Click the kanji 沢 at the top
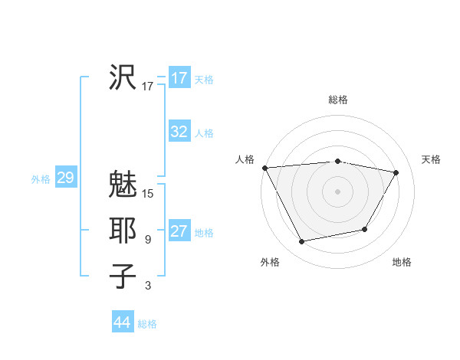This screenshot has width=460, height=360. (122, 77)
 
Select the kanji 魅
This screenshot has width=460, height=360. (122, 185)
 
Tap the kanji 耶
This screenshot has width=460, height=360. (122, 231)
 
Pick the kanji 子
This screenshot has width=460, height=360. (122, 277)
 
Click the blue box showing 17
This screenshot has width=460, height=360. (179, 78)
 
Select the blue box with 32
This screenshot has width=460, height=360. (179, 132)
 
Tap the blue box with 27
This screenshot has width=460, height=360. (179, 231)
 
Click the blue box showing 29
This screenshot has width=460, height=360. (65, 178)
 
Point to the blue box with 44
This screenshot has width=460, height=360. (122, 322)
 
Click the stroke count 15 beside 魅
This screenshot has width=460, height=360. (148, 194)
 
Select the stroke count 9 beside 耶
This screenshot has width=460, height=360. (148, 240)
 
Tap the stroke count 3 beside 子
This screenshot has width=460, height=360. (148, 286)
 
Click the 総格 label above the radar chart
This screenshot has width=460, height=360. (338, 100)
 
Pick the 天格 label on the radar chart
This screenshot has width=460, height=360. (431, 159)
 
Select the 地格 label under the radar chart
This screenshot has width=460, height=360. (402, 262)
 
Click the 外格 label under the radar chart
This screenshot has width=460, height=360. (270, 262)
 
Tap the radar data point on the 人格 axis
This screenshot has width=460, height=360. (264, 168)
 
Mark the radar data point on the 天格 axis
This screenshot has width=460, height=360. (396, 172)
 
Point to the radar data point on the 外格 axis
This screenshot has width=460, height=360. (302, 242)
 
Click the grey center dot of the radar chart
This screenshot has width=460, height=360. (338, 191)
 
